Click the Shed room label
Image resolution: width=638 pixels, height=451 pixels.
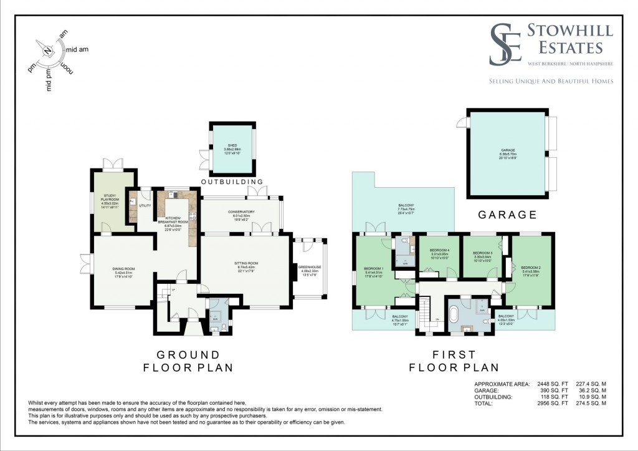click(x=232, y=149)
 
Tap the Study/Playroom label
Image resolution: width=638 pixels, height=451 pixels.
click(x=114, y=202)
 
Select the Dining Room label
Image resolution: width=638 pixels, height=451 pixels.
click(x=125, y=272)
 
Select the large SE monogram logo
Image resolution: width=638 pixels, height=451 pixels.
click(x=505, y=44)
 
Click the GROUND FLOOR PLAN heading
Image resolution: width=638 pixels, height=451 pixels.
click(x=181, y=361)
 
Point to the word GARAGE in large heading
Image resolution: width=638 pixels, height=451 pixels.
click(x=507, y=215)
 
